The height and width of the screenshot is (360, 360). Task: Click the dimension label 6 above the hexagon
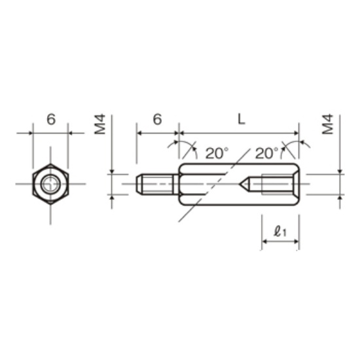pyautogui.click(x=51, y=119)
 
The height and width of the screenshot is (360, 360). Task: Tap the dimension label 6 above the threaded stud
pyautogui.click(x=157, y=119)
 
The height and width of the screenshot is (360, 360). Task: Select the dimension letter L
pyautogui.click(x=241, y=119)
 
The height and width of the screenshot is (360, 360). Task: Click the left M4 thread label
pyautogui.click(x=100, y=124)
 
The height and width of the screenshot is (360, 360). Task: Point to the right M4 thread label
pyautogui.click(x=327, y=124)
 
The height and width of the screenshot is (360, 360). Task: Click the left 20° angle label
pyautogui.click(x=217, y=153)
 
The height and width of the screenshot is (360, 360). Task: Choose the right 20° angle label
pyautogui.click(x=266, y=153)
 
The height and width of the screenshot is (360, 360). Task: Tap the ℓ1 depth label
pyautogui.click(x=280, y=231)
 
